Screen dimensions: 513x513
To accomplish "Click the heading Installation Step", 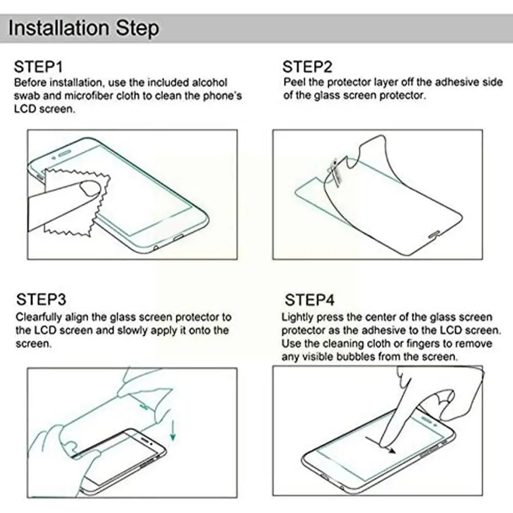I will click(84, 28).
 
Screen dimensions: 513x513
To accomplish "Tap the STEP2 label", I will click(307, 67).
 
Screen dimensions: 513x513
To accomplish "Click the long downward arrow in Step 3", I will click(173, 429).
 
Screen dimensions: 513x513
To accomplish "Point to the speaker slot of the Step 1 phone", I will click(66, 152).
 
